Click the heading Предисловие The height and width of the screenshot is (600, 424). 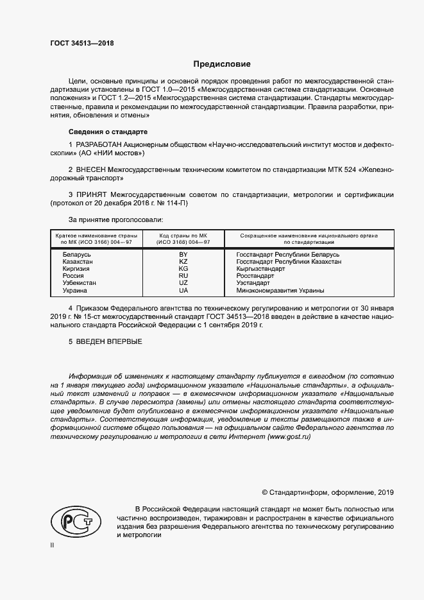[x=222, y=64]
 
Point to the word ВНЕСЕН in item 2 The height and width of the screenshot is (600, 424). [x=92, y=169]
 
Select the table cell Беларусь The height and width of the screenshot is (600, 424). [x=77, y=255]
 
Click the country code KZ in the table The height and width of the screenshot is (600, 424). [x=183, y=262]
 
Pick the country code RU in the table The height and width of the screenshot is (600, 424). [x=183, y=276]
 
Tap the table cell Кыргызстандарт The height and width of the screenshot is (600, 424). [x=261, y=269]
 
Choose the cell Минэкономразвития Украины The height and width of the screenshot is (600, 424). [x=280, y=290]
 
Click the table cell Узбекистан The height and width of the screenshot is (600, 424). [x=80, y=283]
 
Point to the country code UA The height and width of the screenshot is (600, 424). [x=183, y=290]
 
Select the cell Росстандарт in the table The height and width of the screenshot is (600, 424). [x=255, y=276]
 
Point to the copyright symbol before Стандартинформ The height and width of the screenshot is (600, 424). [x=265, y=492]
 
